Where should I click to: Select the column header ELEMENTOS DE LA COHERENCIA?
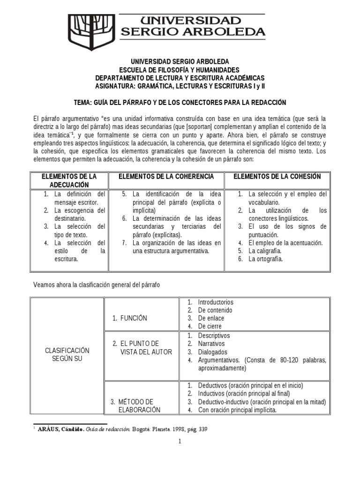click(166, 176)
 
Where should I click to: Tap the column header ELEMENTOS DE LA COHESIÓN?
click(277, 176)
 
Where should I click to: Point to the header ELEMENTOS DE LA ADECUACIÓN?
click(69, 180)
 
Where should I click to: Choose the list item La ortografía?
click(266, 259)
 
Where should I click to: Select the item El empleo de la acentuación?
click(285, 243)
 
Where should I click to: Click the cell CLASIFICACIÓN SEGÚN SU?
click(67, 354)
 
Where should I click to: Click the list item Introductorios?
click(216, 302)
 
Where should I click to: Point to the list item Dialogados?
click(212, 352)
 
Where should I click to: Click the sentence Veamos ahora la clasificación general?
click(97, 285)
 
